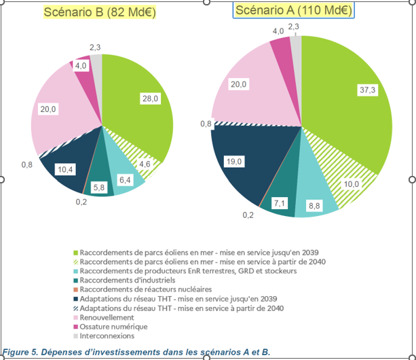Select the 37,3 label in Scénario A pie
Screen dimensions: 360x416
368,89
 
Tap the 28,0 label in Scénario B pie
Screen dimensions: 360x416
150,98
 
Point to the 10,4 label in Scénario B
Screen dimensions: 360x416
66,168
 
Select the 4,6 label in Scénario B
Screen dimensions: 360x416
145,164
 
